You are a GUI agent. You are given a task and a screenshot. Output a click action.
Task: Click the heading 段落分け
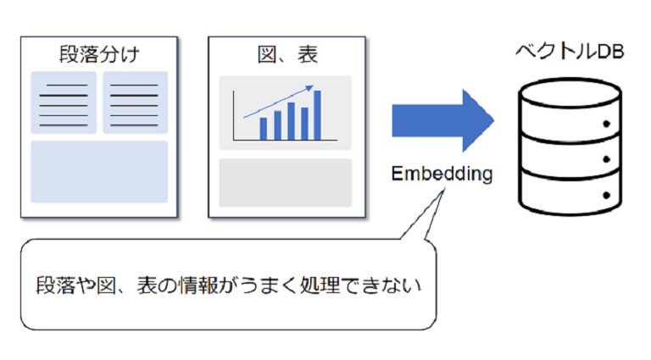pyautogui.click(x=99, y=56)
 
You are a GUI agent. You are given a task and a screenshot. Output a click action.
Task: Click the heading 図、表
pyautogui.click(x=287, y=56)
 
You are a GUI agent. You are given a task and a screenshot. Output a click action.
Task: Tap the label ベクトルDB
pyautogui.click(x=570, y=53)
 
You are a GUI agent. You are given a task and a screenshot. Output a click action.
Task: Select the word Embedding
pyautogui.click(x=442, y=174)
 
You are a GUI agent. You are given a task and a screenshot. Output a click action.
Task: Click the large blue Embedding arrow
pyautogui.click(x=442, y=120)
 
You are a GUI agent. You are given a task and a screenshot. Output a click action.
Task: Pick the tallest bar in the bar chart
pyautogui.click(x=318, y=114)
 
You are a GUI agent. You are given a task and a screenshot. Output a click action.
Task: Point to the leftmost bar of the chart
pyautogui.click(x=263, y=129)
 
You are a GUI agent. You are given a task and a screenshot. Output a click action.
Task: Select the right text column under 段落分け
pyautogui.click(x=135, y=102)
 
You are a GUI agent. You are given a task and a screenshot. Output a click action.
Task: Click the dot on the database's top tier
pyautogui.click(x=608, y=125)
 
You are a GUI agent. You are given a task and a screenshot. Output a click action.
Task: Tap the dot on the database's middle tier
pyautogui.click(x=608, y=158)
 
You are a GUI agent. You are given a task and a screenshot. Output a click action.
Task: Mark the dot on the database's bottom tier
pyautogui.click(x=608, y=193)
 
